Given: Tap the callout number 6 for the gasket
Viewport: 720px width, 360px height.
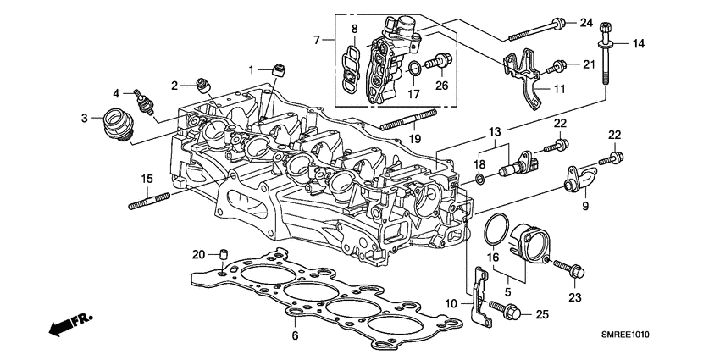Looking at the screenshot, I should pyautogui.click(x=295, y=335).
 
